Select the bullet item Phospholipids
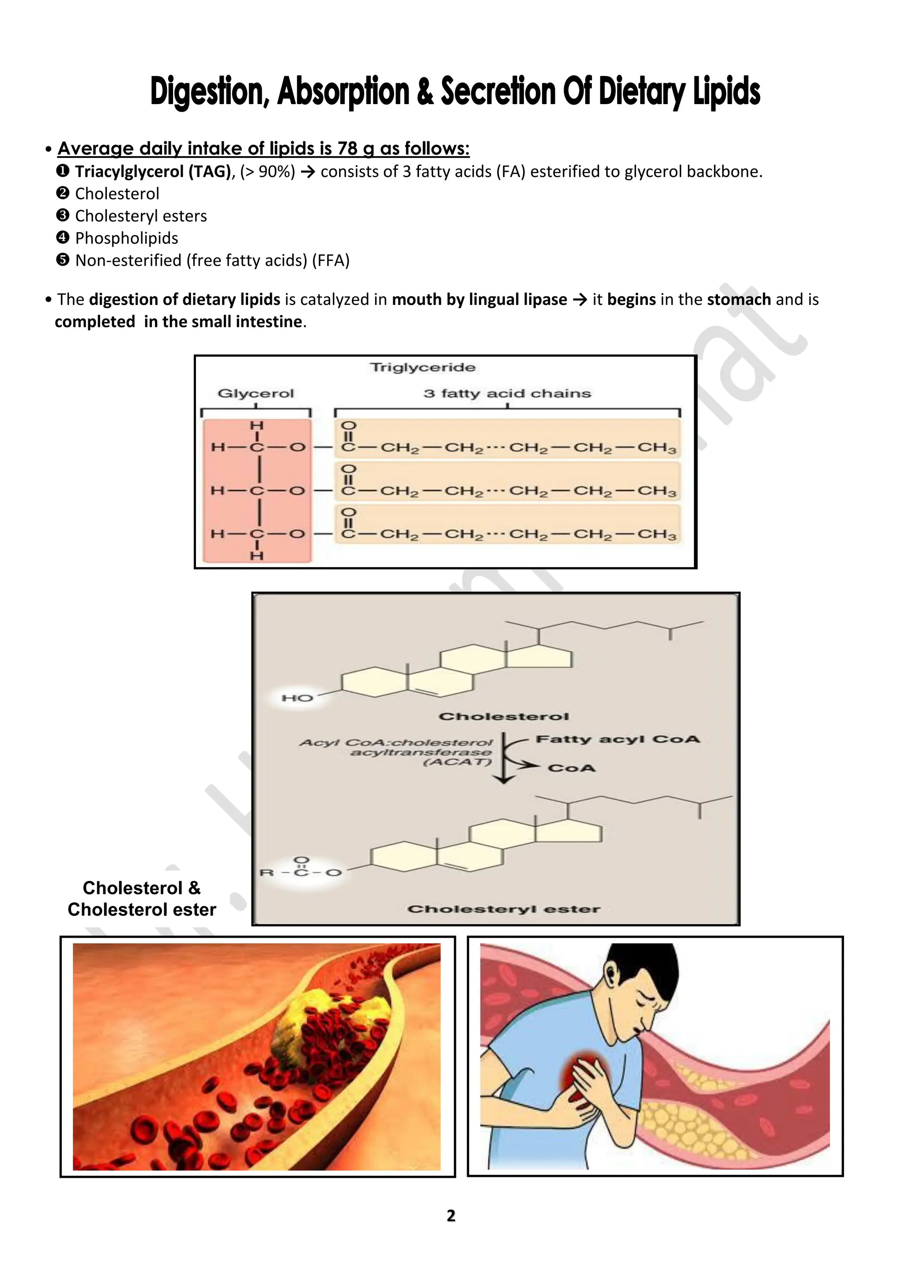click(126, 238)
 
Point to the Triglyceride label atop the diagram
click(422, 367)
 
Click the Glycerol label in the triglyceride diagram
click(256, 394)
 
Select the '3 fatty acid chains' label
click(507, 394)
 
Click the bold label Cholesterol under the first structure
click(504, 716)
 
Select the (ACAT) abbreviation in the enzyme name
click(458, 762)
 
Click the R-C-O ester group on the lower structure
click(301, 872)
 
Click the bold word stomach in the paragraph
click(738, 300)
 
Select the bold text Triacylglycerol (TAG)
click(153, 171)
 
